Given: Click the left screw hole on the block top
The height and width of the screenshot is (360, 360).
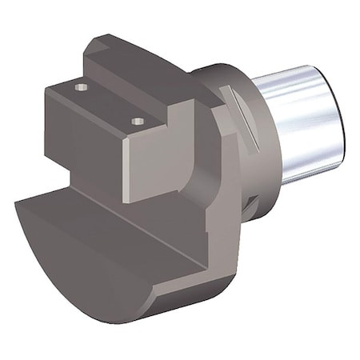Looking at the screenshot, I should click(x=79, y=86).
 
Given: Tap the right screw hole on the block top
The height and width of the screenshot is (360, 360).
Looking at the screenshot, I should click(x=137, y=122).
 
